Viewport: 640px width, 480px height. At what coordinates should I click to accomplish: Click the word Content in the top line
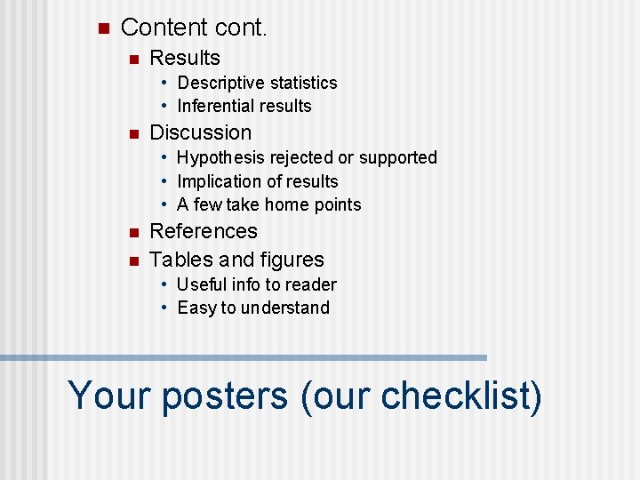[162, 28]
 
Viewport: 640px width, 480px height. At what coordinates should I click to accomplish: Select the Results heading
[185, 58]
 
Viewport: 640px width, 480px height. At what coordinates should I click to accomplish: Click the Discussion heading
[200, 132]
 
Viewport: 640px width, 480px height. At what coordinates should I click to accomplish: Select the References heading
[204, 231]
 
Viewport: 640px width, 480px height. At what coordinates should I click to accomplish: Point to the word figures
[292, 260]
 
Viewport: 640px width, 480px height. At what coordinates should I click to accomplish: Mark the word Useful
[201, 284]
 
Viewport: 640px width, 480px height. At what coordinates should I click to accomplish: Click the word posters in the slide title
[225, 395]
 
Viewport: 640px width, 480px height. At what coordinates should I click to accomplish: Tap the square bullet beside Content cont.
[102, 28]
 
